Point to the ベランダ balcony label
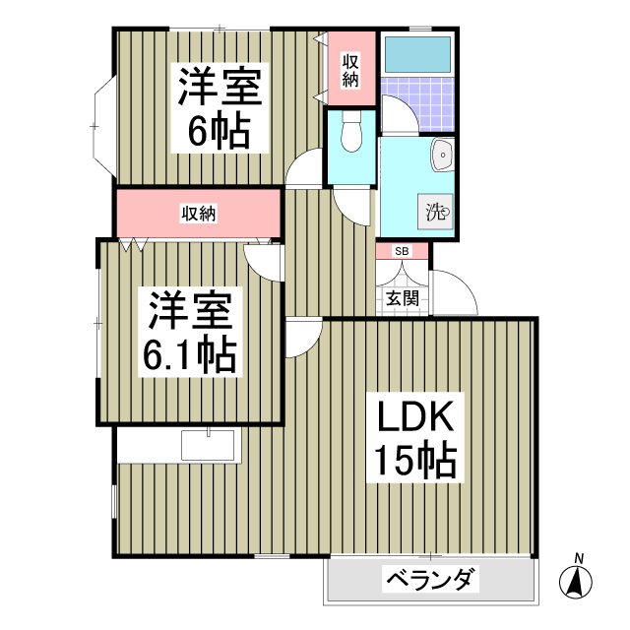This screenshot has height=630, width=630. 430,580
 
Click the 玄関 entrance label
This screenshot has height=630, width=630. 402,296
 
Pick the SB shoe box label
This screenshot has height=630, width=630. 402,251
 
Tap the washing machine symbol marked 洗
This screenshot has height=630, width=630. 436,211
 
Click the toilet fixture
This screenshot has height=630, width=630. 350,133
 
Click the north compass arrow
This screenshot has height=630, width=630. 578,582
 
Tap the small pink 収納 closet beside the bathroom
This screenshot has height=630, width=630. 350,69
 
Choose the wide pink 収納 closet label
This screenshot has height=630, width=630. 198,213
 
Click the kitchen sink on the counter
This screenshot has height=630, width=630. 210,445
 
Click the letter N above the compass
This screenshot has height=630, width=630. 579,559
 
